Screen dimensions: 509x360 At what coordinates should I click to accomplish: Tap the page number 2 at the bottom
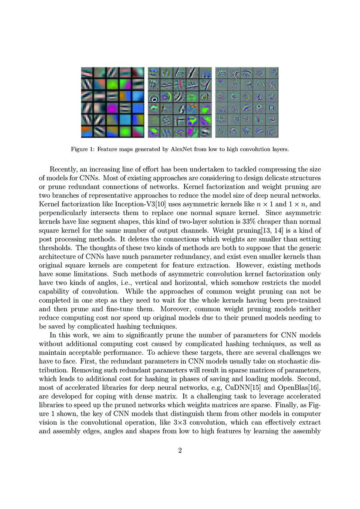tap(180, 450)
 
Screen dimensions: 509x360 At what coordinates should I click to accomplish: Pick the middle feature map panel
tap(180, 102)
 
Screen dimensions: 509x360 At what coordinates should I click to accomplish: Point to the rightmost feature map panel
tap(247, 102)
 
